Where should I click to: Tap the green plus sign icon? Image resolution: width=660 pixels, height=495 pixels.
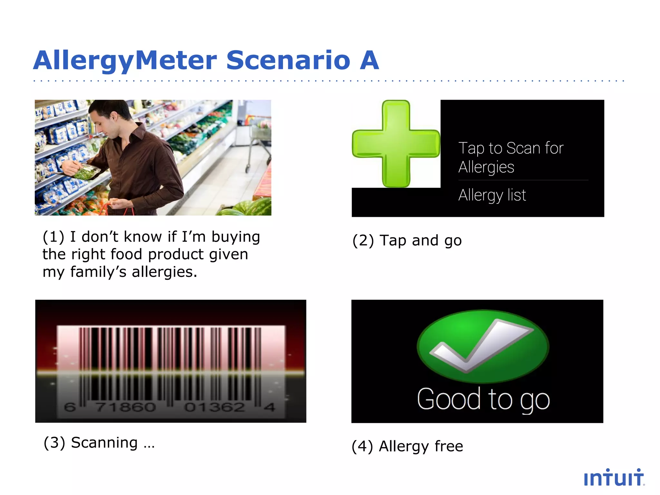396,144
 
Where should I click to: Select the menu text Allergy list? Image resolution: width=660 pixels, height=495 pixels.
492,195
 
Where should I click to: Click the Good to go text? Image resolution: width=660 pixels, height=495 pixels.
483,400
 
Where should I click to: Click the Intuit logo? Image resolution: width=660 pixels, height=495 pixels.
614,478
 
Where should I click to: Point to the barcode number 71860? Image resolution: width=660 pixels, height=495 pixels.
126,407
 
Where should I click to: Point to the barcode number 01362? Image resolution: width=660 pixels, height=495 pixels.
215,407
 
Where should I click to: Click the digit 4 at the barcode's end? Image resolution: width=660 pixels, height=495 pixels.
269,407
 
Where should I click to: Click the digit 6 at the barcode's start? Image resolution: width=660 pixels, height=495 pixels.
70,407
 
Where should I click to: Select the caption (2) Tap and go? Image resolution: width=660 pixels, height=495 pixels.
407,241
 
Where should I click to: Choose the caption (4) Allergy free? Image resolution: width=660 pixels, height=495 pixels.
407,447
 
